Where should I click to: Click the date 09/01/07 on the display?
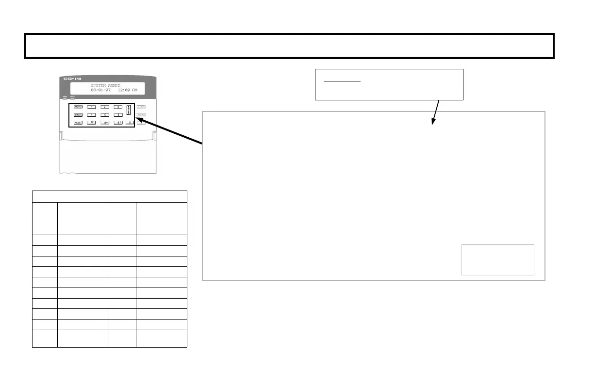pyautogui.click(x=101, y=90)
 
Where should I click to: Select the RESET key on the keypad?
pyautogui.click(x=79, y=123)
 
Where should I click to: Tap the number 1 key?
pyautogui.click(x=92, y=107)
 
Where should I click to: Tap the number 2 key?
pyautogui.click(x=105, y=107)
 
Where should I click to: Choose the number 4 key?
pyautogui.click(x=92, y=115)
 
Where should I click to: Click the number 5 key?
pyautogui.click(x=105, y=115)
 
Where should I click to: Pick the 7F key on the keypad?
pyautogui.click(x=92, y=123)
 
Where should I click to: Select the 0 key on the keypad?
pyautogui.click(x=130, y=123)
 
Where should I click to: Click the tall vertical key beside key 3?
pyautogui.click(x=129, y=111)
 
